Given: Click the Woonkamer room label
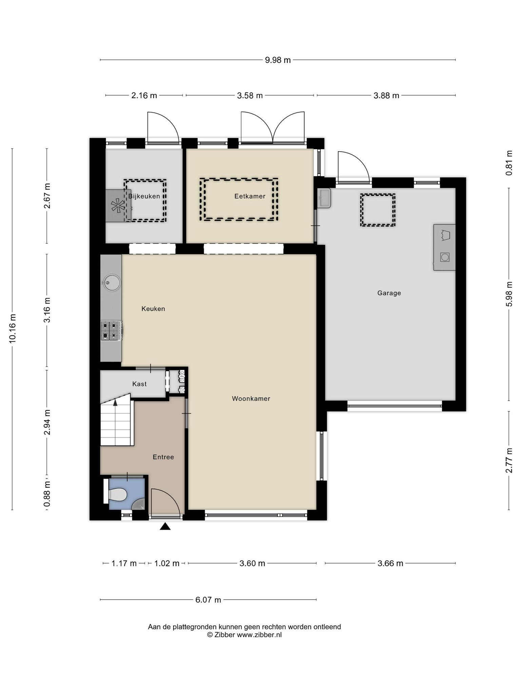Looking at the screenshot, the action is point(251,399).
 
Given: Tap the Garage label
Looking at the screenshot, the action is point(389,293).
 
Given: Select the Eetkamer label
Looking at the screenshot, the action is point(250,196).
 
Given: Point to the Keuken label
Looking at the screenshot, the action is point(153,309).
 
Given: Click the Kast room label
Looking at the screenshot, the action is point(139,384).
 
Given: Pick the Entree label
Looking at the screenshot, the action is point(163,457).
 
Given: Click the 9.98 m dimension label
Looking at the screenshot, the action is point(278,60).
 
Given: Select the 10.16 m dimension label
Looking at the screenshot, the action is point(13,328).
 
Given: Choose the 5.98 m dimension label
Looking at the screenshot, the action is point(509,294).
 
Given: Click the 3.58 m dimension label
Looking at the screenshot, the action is point(250,96).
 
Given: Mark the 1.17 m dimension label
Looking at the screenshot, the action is point(124,564).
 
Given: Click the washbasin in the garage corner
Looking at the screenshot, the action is point(324,198).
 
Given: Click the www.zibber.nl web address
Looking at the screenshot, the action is point(259,635).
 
